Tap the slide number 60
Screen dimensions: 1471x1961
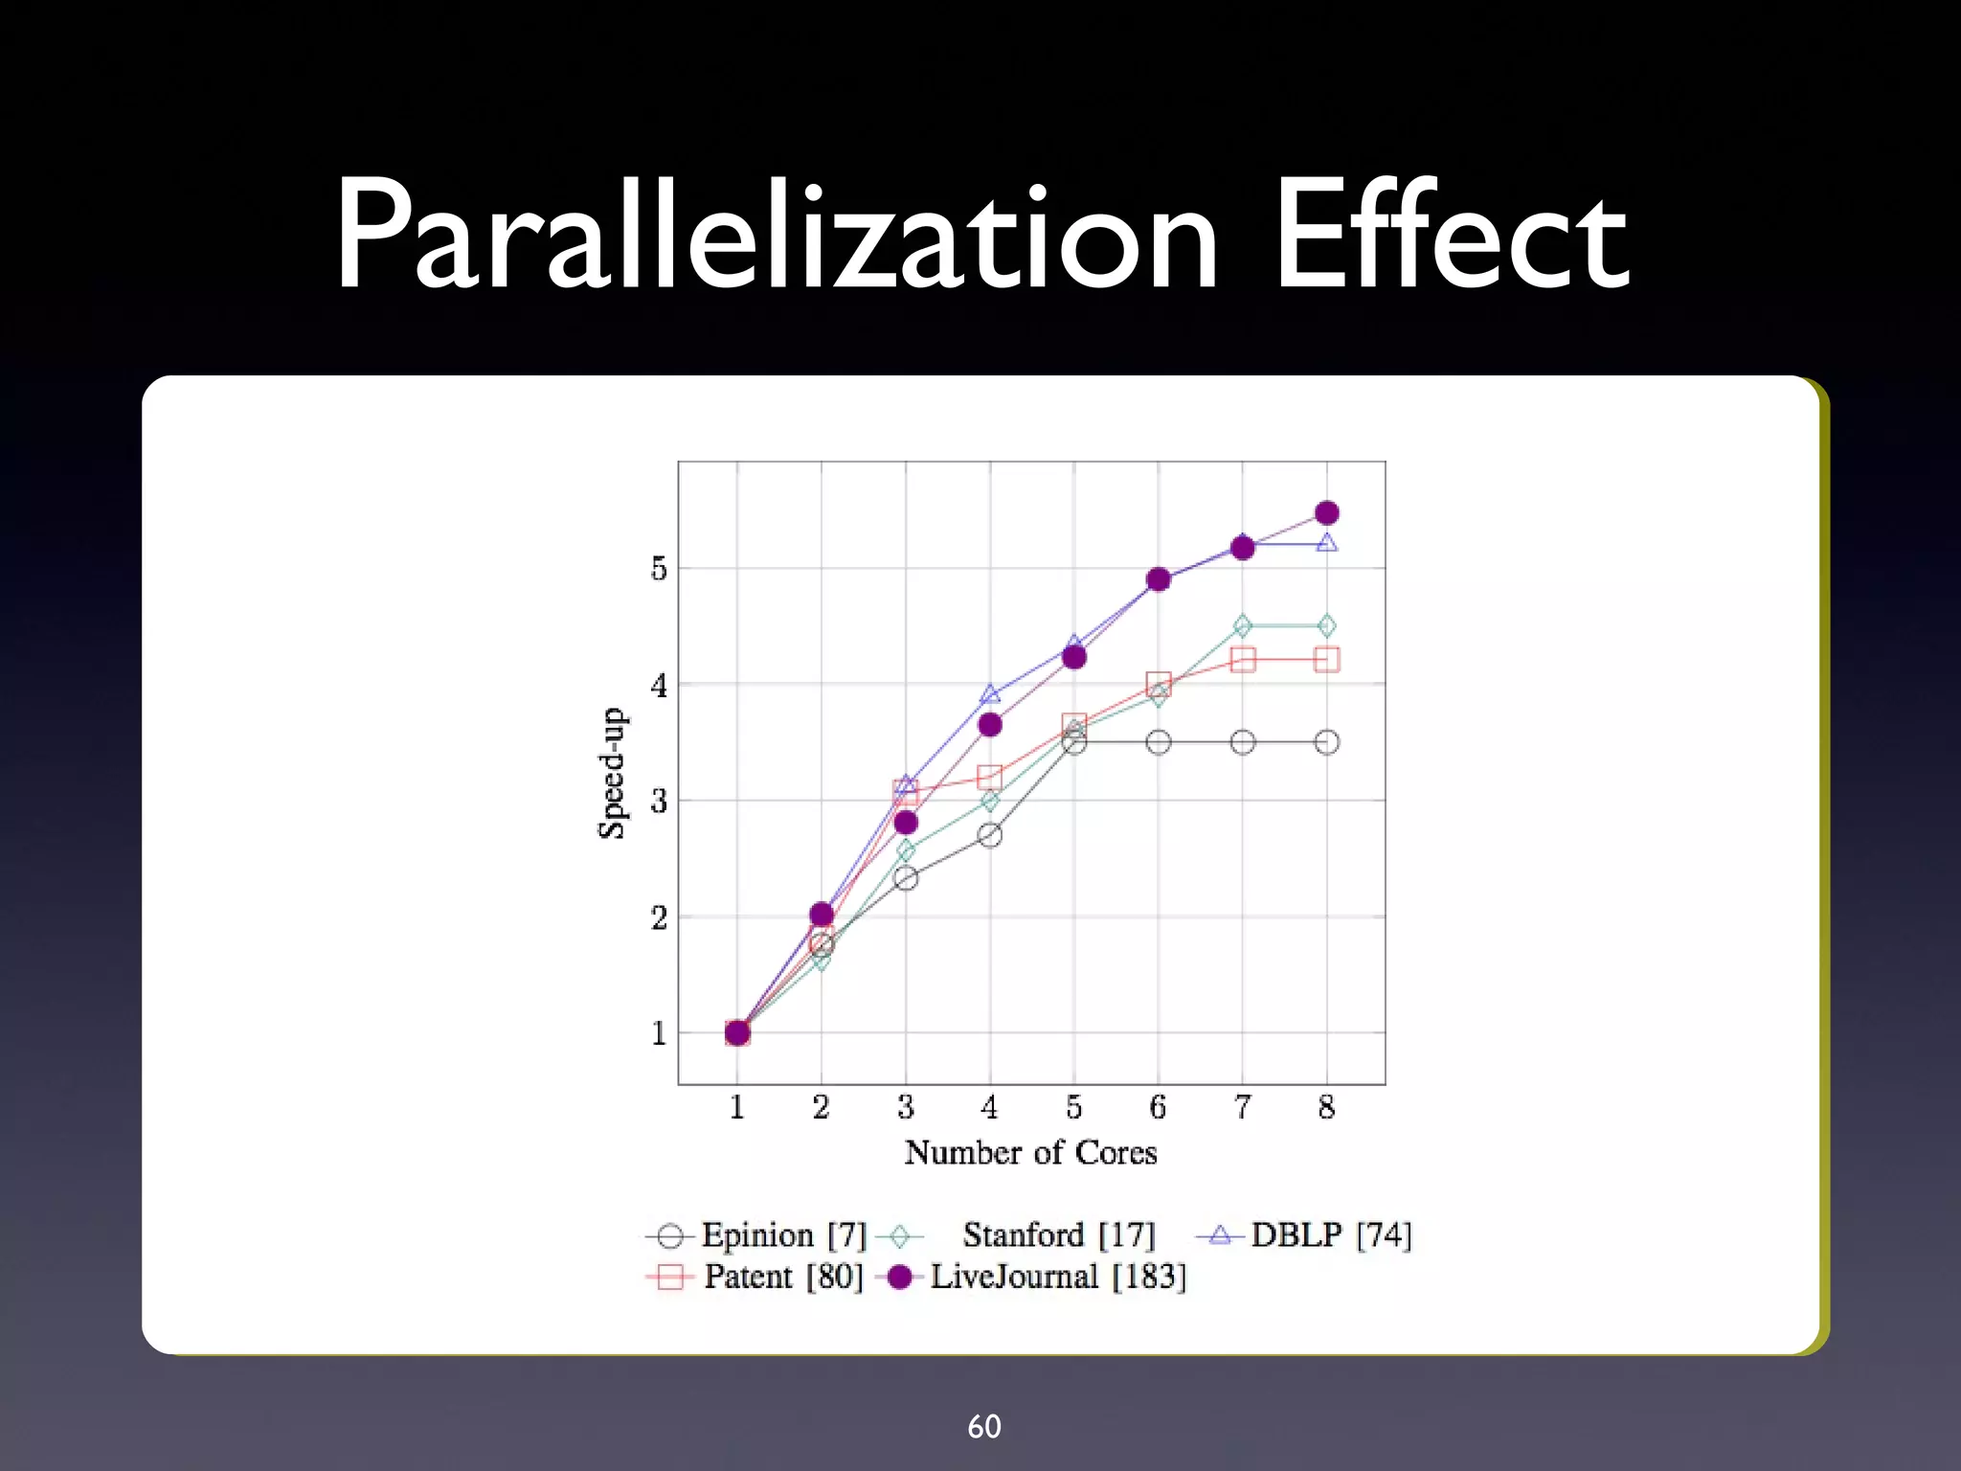point(983,1427)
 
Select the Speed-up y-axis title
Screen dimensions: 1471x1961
point(611,774)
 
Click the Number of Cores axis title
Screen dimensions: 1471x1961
point(1030,1152)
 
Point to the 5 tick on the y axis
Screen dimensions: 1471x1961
point(659,569)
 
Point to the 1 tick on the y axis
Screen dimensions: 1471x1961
point(659,1033)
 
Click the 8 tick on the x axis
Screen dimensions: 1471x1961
point(1326,1108)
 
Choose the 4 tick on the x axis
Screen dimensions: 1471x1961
point(989,1108)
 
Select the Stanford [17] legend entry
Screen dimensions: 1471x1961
point(1058,1235)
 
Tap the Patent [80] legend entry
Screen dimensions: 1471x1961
point(783,1277)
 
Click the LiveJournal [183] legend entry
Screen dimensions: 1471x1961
point(1057,1277)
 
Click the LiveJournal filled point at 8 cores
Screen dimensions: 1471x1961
point(1326,513)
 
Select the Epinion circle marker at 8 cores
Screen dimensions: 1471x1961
point(1326,742)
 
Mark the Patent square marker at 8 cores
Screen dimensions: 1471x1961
point(1326,660)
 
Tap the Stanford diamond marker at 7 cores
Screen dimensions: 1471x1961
point(1242,626)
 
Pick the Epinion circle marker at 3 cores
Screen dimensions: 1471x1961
point(906,877)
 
